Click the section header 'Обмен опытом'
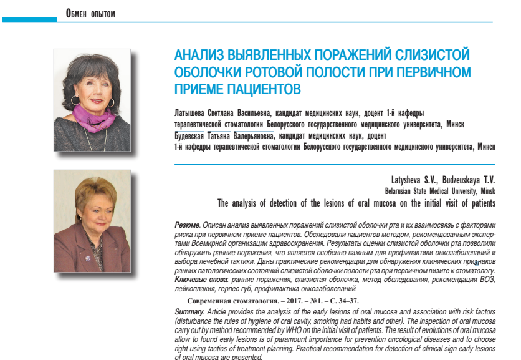(90, 13)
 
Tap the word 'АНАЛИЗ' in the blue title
(201, 55)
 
